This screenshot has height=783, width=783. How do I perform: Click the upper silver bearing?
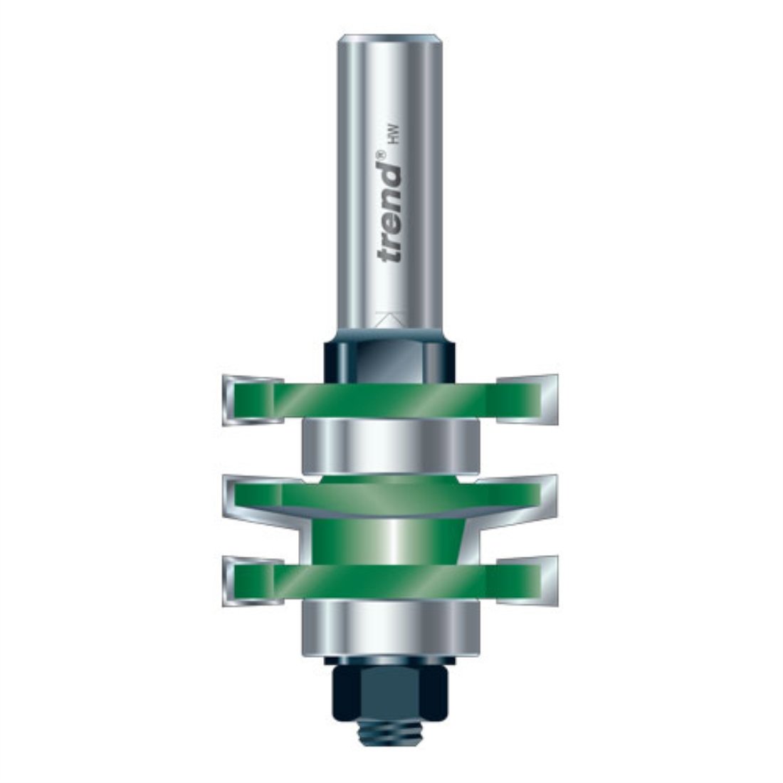tap(391, 445)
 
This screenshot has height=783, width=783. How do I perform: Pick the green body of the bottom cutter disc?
tap(391, 580)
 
